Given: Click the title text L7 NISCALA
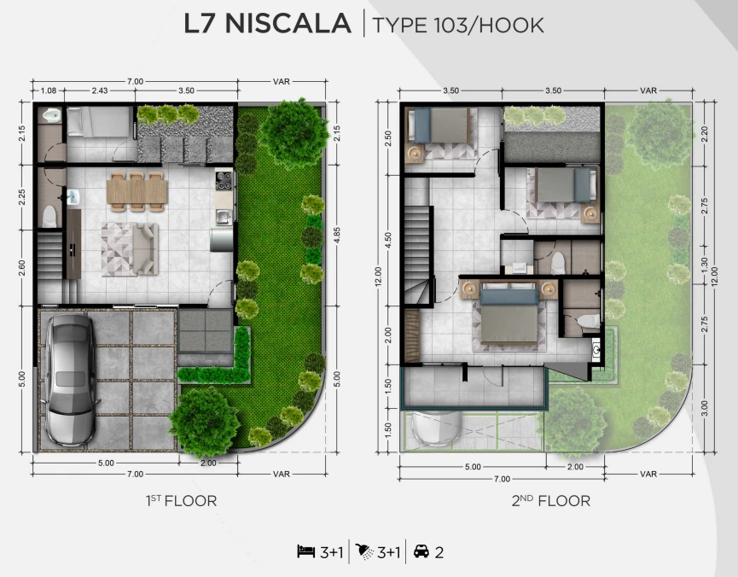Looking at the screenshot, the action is tap(267, 24).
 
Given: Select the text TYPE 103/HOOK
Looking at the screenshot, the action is tap(458, 26).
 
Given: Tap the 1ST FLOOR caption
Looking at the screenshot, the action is tap(181, 501).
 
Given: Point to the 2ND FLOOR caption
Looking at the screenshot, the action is tap(550, 501).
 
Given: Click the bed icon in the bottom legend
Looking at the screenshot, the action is tap(306, 551).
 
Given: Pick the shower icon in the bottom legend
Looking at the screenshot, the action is tap(364, 551).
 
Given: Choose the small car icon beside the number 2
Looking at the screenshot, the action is tap(421, 551).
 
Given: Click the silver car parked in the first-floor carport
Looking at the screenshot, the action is tap(71, 379).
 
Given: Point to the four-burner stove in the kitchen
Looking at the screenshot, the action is tap(224, 180).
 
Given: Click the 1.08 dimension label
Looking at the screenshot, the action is tap(49, 90).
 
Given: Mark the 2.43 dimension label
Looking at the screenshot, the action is tap(100, 90).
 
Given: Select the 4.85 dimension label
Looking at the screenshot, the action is tap(336, 236).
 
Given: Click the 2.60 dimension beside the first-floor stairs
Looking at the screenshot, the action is tap(21, 268).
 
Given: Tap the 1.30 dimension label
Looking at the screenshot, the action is tap(704, 265).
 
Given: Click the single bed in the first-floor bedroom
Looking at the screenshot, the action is tap(98, 122).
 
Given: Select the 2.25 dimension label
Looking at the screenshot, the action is tap(21, 197).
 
